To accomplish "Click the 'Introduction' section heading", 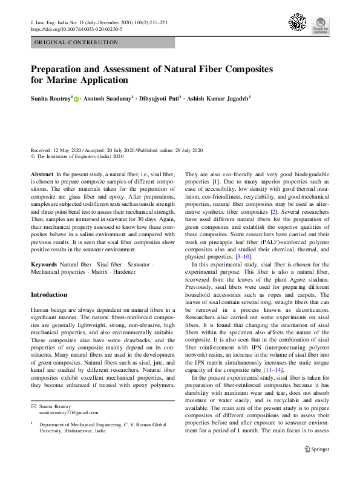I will tap(49, 295).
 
